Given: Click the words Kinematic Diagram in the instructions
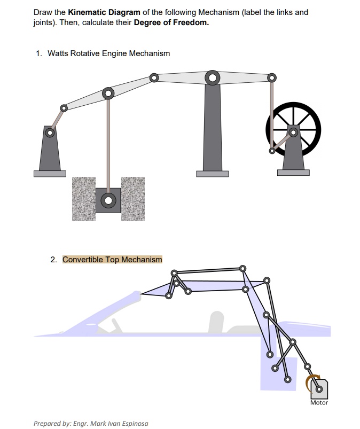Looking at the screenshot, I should tap(104, 12).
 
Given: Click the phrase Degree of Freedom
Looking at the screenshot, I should tap(171, 23).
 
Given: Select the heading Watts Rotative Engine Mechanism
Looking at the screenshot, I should tap(109, 53).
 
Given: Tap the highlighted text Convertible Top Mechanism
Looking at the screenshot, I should tap(112, 260).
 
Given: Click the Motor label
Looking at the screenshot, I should tap(319, 402).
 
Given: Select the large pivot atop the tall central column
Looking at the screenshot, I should tap(213, 78).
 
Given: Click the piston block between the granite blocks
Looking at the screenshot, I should tap(108, 200).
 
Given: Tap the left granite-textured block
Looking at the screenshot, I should tap(84, 198).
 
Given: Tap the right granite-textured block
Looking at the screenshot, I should tap(133, 198).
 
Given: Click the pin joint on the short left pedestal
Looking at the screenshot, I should tap(50, 132).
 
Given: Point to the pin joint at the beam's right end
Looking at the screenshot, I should tap(272, 78).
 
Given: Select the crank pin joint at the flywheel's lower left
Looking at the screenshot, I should tap(272, 151).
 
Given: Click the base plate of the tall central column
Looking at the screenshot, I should tap(212, 173).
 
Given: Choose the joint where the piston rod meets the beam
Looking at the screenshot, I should tap(108, 93).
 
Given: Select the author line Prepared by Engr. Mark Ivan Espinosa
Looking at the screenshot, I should tap(91, 423).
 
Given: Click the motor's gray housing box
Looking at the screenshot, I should tap(319, 388).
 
